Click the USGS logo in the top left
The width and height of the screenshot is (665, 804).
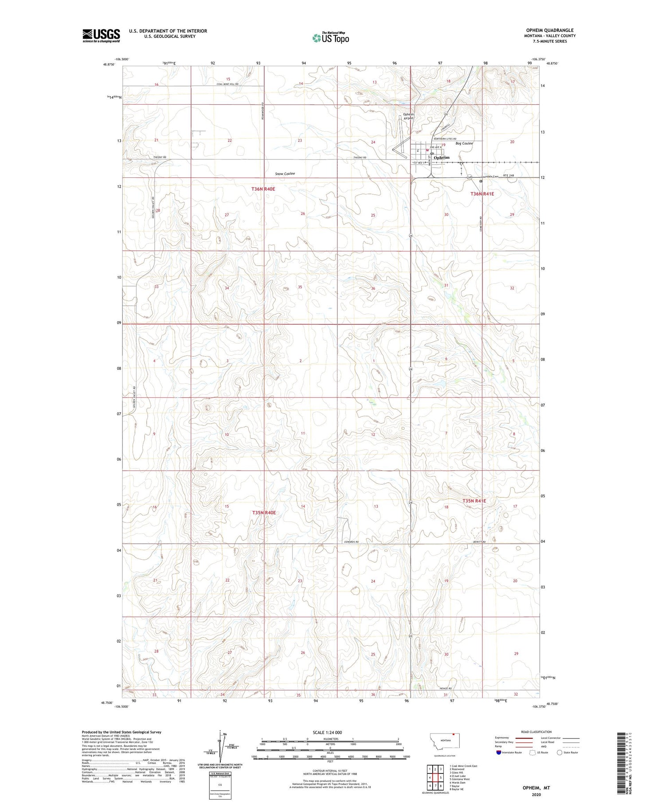(x=101, y=35)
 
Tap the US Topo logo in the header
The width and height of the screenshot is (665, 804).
(x=330, y=38)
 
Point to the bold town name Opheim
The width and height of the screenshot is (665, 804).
(x=441, y=157)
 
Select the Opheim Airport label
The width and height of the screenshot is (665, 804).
(x=408, y=116)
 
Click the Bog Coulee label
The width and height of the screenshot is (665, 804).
(x=464, y=143)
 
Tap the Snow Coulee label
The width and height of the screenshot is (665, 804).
(x=285, y=173)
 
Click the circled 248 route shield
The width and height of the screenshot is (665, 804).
(x=469, y=177)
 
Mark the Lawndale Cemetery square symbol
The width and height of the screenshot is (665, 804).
(x=481, y=181)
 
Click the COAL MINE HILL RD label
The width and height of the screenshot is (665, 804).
(x=228, y=84)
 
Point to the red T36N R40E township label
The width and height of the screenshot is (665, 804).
(x=263, y=189)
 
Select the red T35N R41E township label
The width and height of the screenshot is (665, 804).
(x=474, y=501)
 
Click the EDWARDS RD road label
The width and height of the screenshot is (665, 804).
(x=351, y=542)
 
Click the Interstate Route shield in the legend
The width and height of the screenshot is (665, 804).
(x=499, y=752)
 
